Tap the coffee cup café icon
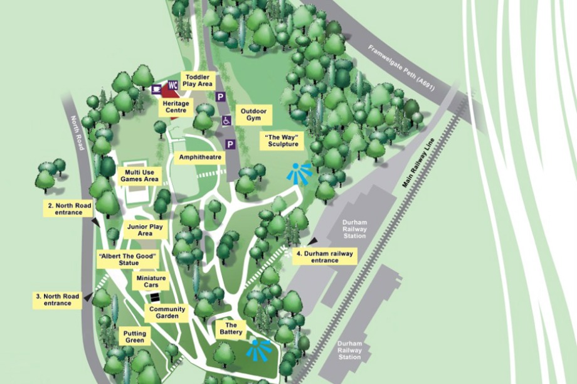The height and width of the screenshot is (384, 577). [x=156, y=88]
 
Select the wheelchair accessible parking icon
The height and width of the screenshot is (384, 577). [x=226, y=120]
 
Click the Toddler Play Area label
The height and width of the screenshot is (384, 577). [x=198, y=80]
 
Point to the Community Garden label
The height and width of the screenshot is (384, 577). [x=167, y=312]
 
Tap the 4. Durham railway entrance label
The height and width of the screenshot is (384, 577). [x=326, y=256]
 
